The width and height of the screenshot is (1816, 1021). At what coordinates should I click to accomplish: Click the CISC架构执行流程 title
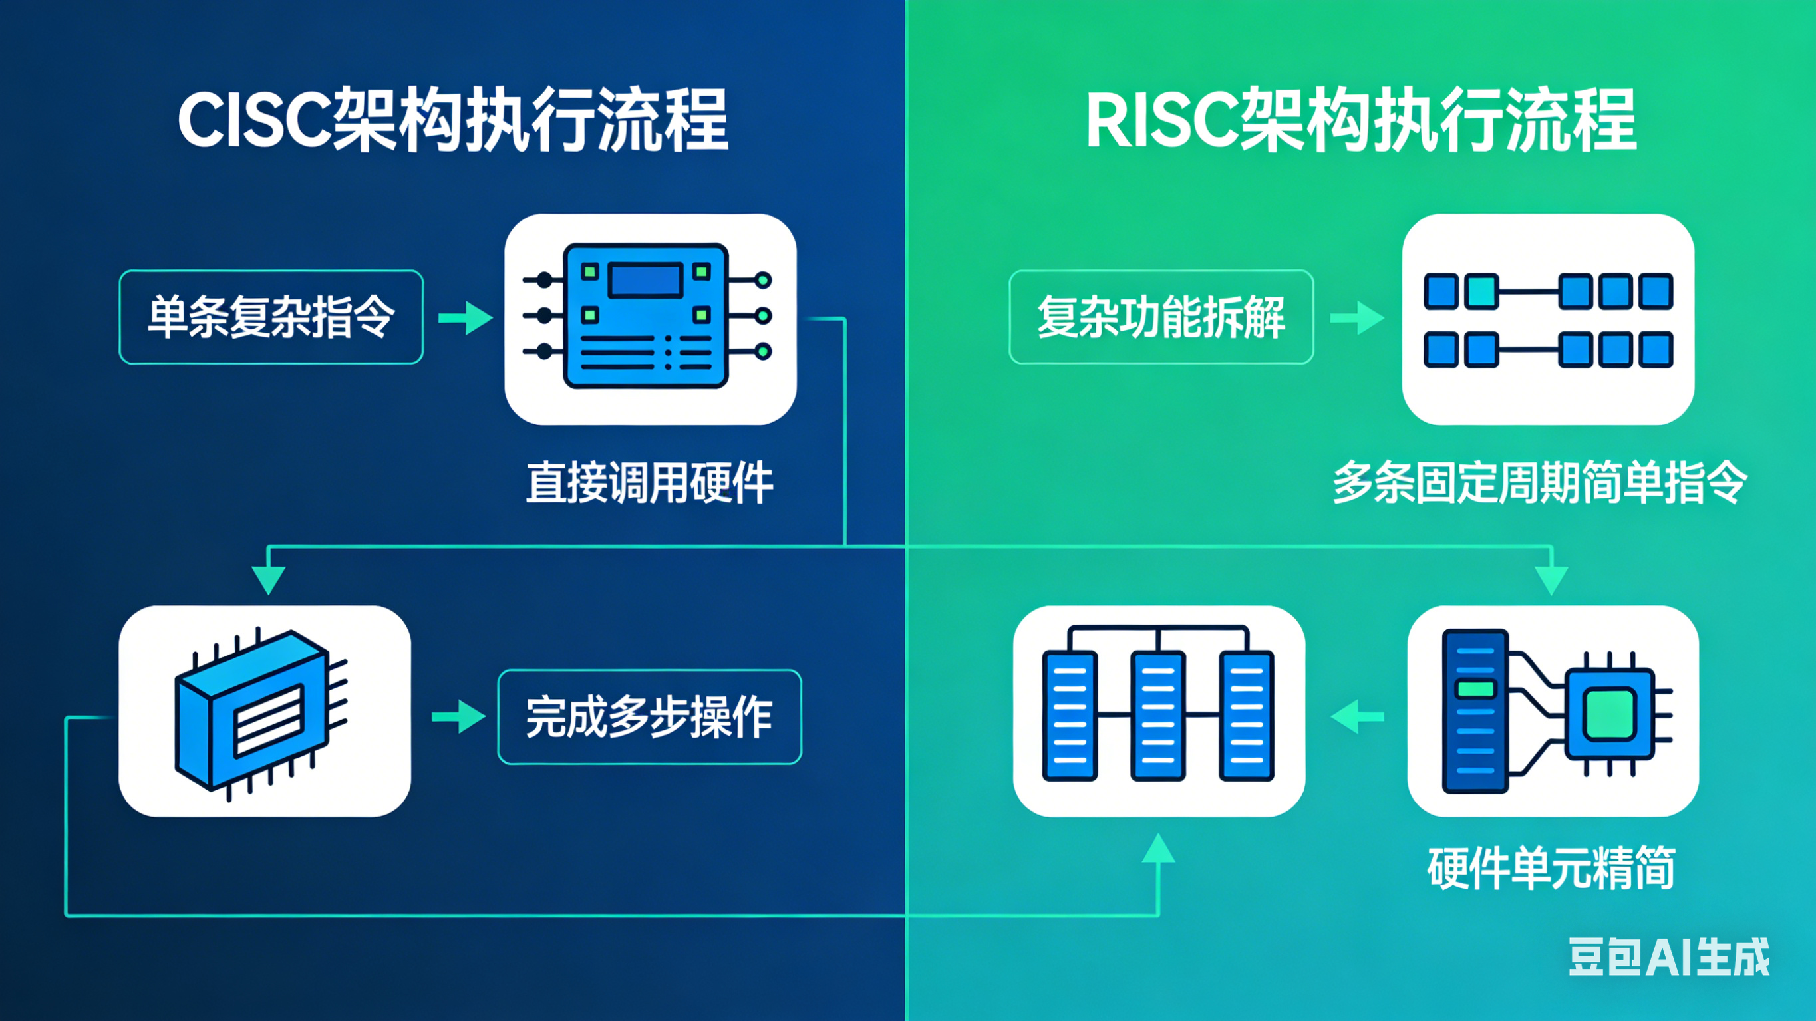point(453,120)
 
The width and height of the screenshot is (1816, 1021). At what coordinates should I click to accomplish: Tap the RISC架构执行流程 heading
point(1360,120)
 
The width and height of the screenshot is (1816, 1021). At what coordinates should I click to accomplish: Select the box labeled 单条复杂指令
point(271,317)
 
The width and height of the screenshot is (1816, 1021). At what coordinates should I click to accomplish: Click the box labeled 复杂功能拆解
point(1161,317)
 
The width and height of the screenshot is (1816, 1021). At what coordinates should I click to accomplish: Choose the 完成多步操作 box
point(649,717)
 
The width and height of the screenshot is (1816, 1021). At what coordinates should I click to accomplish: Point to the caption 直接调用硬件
point(649,484)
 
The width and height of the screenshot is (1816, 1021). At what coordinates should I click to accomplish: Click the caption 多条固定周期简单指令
point(1540,484)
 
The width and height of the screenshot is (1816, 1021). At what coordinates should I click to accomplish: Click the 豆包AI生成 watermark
point(1669,958)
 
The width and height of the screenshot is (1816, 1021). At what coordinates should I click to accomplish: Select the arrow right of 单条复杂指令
point(465,318)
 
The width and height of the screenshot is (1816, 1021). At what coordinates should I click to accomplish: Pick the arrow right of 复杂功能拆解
point(1356,318)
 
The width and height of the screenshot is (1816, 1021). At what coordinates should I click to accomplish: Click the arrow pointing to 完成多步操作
point(458,717)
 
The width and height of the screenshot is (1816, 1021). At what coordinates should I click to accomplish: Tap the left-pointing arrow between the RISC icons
point(1356,717)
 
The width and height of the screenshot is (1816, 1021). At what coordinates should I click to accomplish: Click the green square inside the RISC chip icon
point(1609,714)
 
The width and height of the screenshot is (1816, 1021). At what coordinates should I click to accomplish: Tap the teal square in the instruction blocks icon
point(1482,291)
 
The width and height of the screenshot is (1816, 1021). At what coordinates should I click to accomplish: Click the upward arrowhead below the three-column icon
point(1158,848)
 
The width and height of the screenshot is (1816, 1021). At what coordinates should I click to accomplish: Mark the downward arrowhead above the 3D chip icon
point(269,579)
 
